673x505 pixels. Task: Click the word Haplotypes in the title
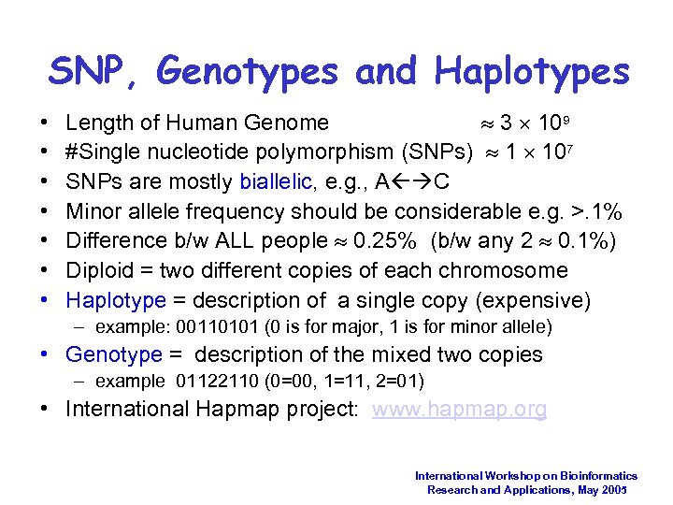click(x=532, y=70)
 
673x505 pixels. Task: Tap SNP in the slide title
click(x=90, y=70)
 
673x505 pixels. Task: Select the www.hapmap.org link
click(x=460, y=409)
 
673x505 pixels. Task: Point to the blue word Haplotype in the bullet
click(x=115, y=300)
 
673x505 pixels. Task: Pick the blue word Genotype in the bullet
click(x=114, y=354)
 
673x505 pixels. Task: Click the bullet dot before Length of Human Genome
click(x=47, y=123)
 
